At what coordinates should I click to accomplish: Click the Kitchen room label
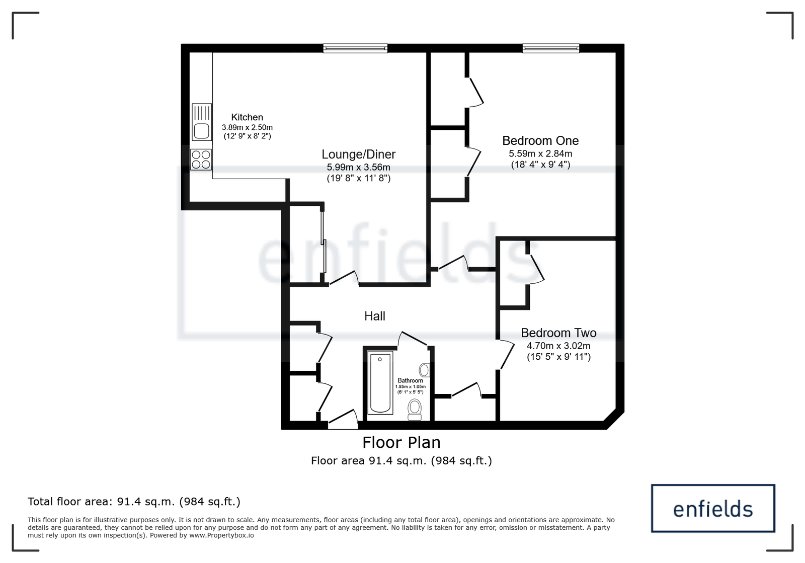click(247, 117)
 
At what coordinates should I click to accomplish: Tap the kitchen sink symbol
click(201, 130)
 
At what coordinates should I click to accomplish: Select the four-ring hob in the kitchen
click(201, 159)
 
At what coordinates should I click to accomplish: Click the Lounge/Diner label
click(358, 154)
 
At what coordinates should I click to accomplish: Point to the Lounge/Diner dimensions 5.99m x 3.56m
click(358, 167)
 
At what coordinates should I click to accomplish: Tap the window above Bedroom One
click(550, 48)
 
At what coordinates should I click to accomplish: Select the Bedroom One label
click(540, 141)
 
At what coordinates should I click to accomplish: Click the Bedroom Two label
click(558, 333)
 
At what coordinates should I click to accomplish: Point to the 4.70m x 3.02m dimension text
click(558, 346)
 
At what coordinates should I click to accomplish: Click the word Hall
click(374, 316)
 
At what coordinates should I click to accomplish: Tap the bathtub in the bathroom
click(380, 382)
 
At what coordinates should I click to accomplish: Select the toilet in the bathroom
click(415, 409)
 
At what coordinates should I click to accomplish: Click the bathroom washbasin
click(424, 370)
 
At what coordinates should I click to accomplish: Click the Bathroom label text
click(410, 381)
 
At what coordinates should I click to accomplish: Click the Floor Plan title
click(401, 442)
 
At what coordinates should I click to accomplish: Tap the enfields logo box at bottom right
click(712, 509)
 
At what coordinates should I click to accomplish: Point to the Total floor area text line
click(134, 502)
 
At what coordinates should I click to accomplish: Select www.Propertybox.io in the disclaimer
click(221, 535)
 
